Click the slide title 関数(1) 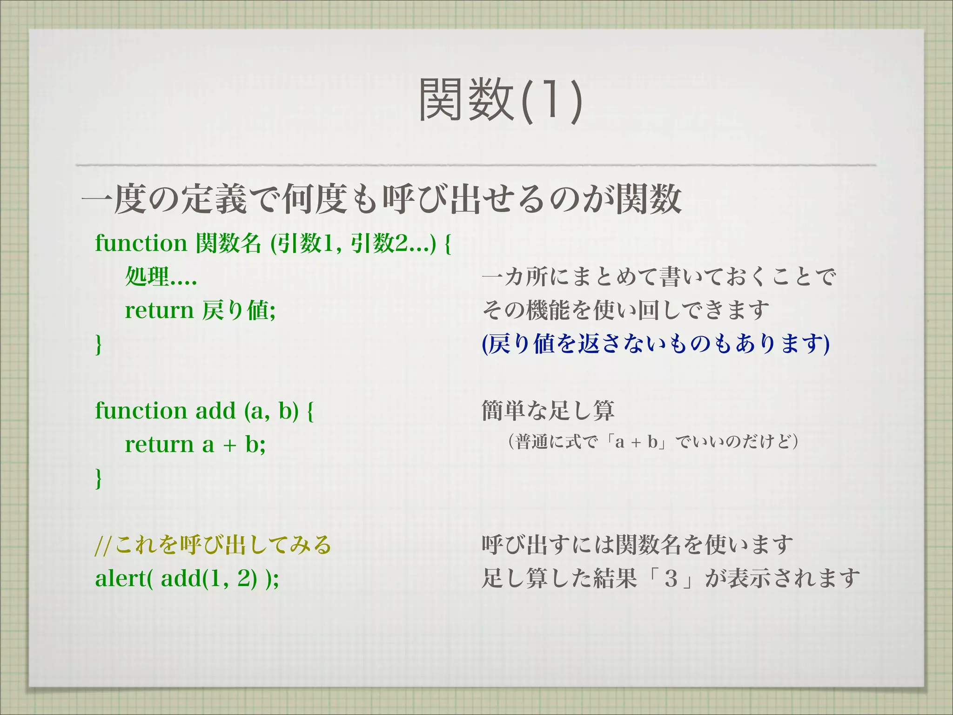[500, 100]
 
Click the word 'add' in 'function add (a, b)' [216, 411]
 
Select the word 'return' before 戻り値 [159, 310]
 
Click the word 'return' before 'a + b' [159, 445]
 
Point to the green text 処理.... [147, 277]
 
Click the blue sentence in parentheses [656, 344]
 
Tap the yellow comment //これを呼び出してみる [213, 545]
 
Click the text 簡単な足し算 [548, 411]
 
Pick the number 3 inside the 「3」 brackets [671, 579]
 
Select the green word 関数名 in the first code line [228, 243]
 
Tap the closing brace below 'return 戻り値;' [99, 344]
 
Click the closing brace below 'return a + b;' [99, 479]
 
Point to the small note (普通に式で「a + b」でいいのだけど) [653, 442]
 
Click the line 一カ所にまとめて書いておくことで [659, 277]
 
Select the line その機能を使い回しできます [625, 310]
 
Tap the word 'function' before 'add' [141, 411]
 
